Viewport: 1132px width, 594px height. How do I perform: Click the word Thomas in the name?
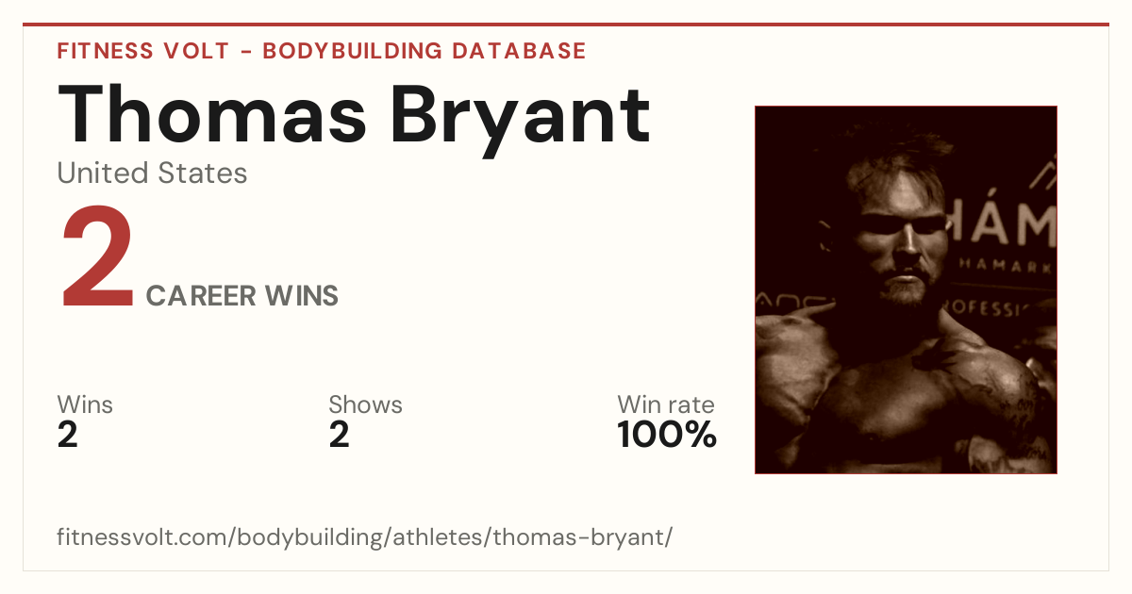pos(211,114)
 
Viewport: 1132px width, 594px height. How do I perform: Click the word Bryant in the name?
pos(520,122)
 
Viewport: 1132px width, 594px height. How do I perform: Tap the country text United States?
pos(152,173)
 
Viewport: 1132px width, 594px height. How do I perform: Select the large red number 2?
pos(97,256)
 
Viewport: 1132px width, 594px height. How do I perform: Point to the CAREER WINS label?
pos(242,295)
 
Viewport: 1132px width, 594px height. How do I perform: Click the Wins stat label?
pos(85,404)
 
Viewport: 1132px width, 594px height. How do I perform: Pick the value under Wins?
pos(68,435)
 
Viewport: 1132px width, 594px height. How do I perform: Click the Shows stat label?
pos(365,404)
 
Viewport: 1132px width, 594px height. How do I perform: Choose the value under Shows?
pos(339,435)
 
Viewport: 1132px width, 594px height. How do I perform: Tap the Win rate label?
pos(666,404)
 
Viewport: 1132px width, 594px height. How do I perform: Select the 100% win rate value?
pos(667,435)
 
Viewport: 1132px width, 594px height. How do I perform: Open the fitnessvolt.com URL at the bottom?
pos(365,536)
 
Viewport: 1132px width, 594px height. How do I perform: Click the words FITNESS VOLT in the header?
pos(143,51)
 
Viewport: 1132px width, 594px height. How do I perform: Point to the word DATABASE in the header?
pos(519,51)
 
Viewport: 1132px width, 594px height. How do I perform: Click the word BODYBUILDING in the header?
pos(353,51)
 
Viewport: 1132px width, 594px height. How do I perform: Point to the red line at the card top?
pos(566,25)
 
